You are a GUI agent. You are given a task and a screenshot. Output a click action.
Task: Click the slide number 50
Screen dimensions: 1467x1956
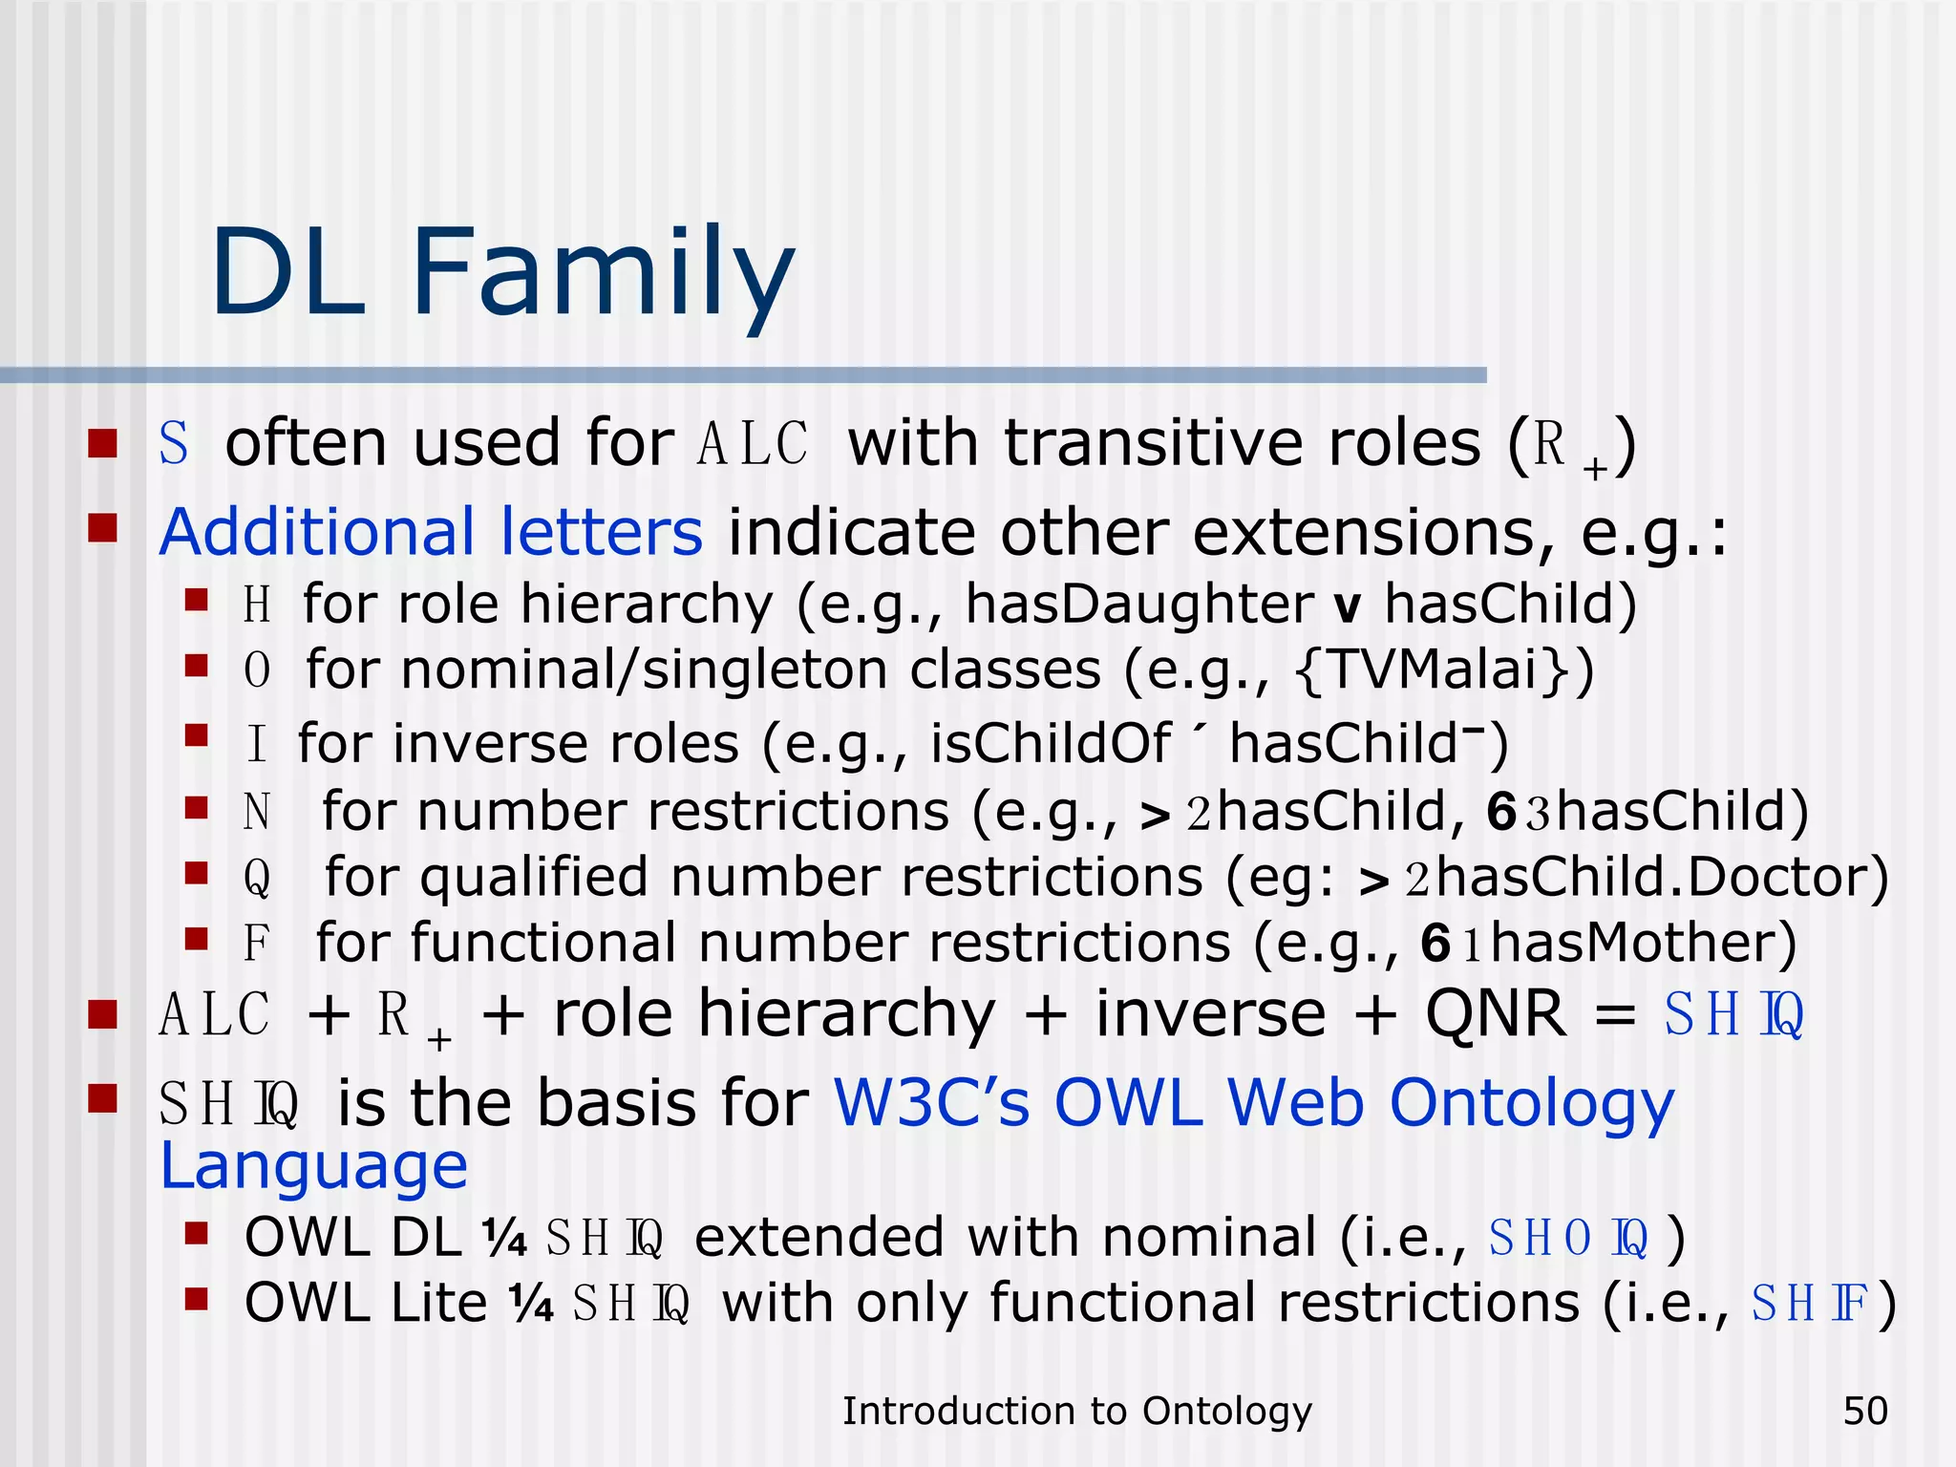tap(1865, 1411)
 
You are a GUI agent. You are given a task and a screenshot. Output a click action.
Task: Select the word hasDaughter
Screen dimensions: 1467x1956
tap(1138, 605)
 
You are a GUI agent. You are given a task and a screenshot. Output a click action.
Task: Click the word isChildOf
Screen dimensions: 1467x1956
tap(1050, 743)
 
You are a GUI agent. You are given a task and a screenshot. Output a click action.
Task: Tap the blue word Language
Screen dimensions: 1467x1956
tap(313, 1166)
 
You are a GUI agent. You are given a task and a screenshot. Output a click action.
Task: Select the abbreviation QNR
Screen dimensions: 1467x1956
tap(1496, 1013)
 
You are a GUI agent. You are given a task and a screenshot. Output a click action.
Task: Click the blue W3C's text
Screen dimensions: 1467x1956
tap(931, 1103)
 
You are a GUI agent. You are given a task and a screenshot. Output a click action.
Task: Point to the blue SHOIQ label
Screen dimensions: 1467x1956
tap(1568, 1239)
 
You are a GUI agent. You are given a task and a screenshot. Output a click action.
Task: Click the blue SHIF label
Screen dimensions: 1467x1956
tap(1810, 1304)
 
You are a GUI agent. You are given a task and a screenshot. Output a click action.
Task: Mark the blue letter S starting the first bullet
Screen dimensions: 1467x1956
tap(173, 444)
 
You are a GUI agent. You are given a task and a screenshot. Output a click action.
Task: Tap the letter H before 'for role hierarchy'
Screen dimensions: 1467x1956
tap(256, 606)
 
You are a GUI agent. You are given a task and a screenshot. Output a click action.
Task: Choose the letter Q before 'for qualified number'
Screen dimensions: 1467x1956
tap(256, 877)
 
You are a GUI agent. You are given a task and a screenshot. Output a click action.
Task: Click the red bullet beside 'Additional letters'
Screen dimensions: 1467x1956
tap(102, 527)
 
